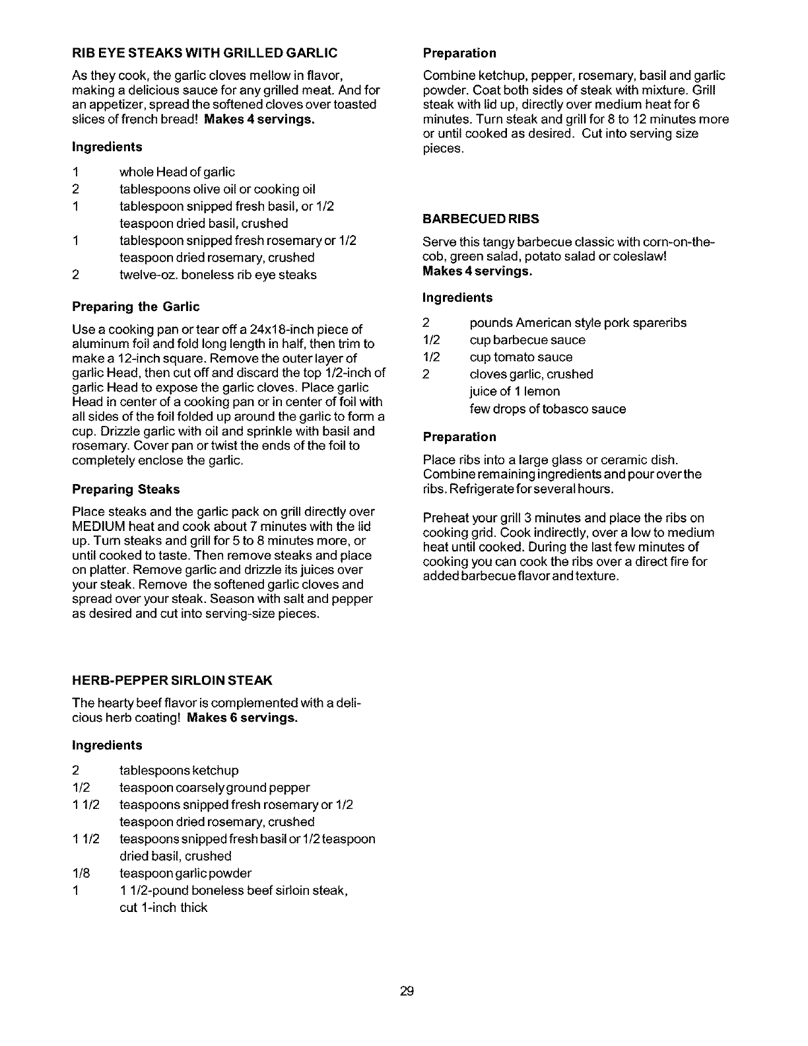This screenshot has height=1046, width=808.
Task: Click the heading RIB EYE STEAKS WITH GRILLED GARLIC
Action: tap(205, 52)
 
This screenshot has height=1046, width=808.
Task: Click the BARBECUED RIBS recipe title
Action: tap(481, 219)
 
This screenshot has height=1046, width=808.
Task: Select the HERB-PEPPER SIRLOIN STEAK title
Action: tap(172, 680)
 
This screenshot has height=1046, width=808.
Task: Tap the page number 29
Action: tap(406, 991)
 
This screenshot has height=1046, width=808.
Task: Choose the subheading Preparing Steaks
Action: tap(125, 489)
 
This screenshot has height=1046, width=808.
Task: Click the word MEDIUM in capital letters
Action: tap(100, 526)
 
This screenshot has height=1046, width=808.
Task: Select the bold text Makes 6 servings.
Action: tap(242, 718)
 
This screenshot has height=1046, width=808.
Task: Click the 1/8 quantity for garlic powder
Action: tap(81, 874)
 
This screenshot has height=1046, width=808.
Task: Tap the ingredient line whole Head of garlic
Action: tap(177, 172)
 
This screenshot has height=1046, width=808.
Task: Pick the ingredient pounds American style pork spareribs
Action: tap(578, 323)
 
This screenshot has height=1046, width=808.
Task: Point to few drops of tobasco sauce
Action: tap(547, 409)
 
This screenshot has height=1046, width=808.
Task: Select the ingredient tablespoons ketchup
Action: tap(179, 771)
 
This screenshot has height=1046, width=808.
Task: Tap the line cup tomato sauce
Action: tap(521, 357)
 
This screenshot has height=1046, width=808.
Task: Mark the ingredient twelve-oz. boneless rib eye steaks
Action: tap(218, 275)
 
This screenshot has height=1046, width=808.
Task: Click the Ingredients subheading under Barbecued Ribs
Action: tap(457, 298)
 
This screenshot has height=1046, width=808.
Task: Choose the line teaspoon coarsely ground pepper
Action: tap(215, 788)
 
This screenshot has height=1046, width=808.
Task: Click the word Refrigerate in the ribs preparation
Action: tap(479, 489)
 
